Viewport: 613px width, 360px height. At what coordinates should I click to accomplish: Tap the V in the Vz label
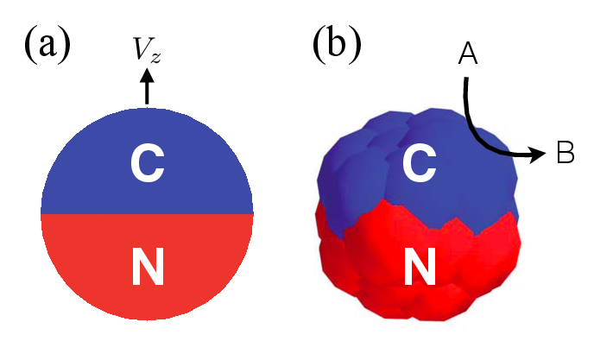point(142,48)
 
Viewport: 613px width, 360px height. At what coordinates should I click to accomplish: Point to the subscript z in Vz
point(155,57)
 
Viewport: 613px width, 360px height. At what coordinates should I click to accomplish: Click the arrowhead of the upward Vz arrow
point(147,75)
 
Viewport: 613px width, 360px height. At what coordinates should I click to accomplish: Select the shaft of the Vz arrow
point(147,93)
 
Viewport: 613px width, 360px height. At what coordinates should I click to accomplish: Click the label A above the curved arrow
point(468,54)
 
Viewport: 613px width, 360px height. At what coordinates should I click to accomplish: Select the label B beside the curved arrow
point(566,152)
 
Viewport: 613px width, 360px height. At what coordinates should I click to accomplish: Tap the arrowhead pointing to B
point(538,154)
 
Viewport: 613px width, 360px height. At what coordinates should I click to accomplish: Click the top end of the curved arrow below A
point(466,79)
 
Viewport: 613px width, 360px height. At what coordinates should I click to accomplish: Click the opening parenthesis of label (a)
point(29,46)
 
